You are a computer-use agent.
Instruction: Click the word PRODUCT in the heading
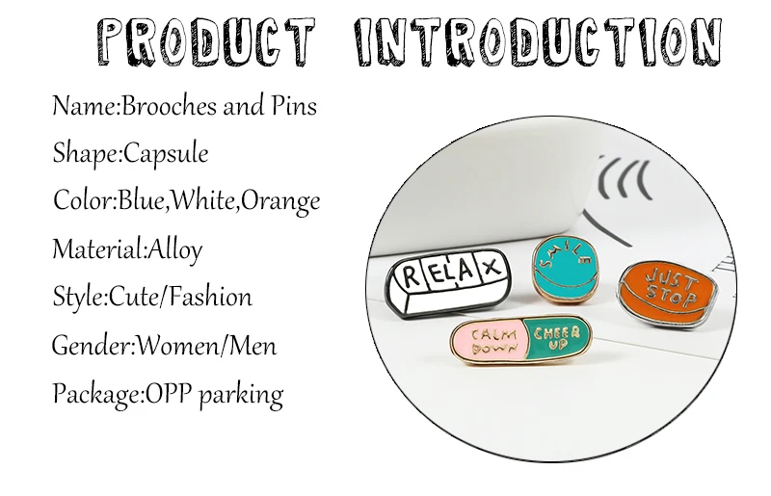click(x=205, y=41)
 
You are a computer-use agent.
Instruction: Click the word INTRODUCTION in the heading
click(x=539, y=41)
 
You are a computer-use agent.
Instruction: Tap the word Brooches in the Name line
click(x=168, y=106)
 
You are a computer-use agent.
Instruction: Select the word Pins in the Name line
click(x=295, y=106)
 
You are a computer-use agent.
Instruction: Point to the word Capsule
click(x=166, y=154)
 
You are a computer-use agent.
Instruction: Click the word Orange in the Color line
click(x=280, y=201)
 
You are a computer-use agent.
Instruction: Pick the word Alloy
click(x=175, y=250)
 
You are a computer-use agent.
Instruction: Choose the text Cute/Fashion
click(x=180, y=298)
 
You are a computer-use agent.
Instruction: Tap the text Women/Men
click(x=206, y=346)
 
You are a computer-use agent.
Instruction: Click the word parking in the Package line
click(x=241, y=396)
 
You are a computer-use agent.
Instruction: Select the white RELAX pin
click(x=448, y=282)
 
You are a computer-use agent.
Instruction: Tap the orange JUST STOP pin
click(x=667, y=295)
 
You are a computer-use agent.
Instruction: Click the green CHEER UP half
click(x=558, y=338)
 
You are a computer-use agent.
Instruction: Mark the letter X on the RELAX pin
click(x=491, y=267)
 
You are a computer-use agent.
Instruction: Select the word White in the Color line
click(x=204, y=201)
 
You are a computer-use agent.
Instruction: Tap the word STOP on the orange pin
click(x=671, y=294)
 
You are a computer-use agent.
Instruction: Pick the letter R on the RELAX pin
click(x=412, y=276)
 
